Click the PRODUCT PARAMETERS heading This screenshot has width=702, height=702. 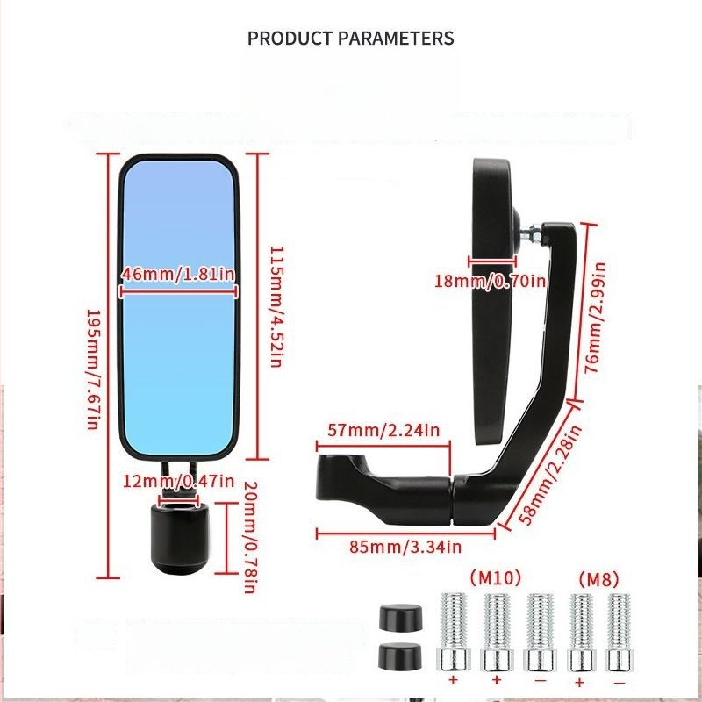tap(350, 39)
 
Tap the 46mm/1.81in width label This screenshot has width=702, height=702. tap(178, 275)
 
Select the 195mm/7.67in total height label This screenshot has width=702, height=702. tap(91, 369)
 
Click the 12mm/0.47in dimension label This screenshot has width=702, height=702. tap(178, 481)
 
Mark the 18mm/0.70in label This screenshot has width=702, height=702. tap(490, 281)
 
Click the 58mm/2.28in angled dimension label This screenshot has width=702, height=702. tap(550, 475)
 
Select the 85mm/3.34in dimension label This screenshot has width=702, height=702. tap(405, 548)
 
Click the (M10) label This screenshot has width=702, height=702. tap(496, 577)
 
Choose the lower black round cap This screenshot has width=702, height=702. tap(396, 655)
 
